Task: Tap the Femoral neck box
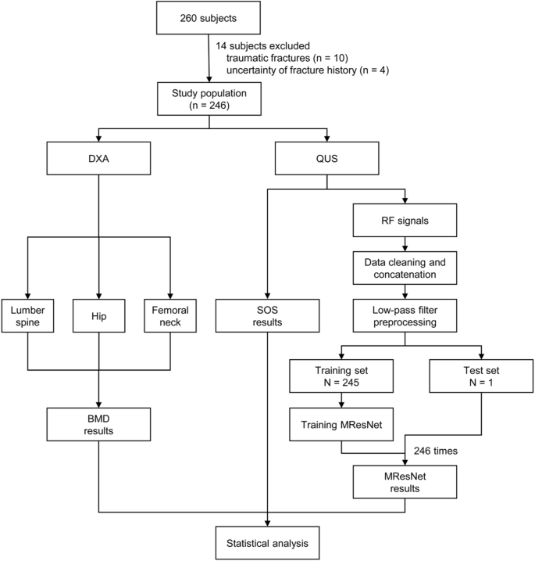pos(171,315)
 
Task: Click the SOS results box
pos(268,315)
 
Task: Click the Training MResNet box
pos(341,423)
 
